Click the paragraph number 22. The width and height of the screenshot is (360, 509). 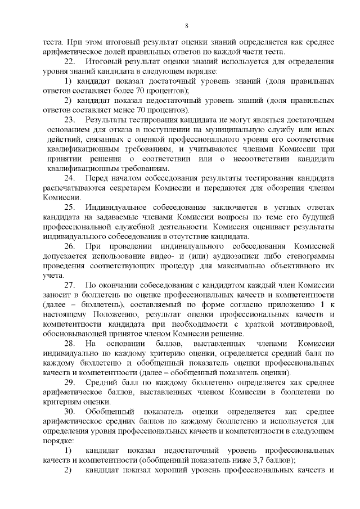(70, 61)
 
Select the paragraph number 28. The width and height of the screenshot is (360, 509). (70, 343)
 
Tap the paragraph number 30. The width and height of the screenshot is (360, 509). (70, 411)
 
